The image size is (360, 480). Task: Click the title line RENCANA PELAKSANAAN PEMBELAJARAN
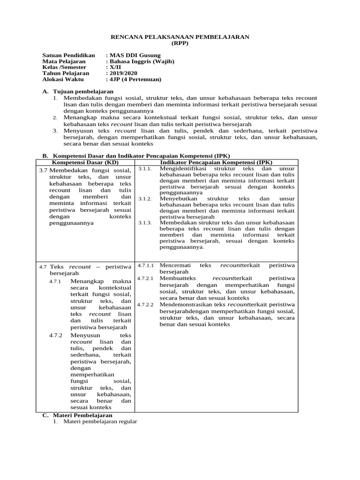[180, 37]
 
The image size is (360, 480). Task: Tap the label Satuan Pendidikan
[68, 55]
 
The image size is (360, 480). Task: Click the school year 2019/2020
[123, 74]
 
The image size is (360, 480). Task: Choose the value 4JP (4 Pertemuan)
[135, 80]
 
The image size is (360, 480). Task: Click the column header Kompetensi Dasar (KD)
[85, 162]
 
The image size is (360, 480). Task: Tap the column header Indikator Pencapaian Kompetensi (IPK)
[216, 162]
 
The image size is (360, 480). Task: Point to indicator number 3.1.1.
[145, 168]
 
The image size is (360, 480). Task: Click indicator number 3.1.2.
[145, 199]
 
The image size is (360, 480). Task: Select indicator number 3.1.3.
[145, 223]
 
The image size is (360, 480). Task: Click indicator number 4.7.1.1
[146, 266]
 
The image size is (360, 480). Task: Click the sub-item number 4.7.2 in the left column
[55, 336]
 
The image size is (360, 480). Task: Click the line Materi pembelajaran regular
[100, 421]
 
